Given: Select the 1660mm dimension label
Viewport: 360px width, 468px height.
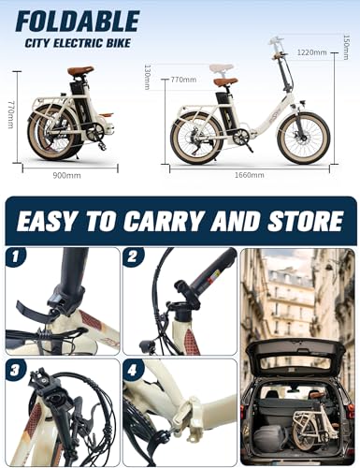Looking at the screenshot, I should tap(247, 176).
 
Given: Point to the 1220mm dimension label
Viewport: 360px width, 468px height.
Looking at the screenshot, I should tap(312, 53).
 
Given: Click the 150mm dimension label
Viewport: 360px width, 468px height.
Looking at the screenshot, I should tap(345, 43).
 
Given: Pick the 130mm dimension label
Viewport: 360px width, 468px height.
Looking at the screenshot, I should tap(148, 76).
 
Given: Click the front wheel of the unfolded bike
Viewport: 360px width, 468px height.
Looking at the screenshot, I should tap(304, 137).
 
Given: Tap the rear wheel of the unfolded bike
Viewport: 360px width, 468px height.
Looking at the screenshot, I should tap(196, 138).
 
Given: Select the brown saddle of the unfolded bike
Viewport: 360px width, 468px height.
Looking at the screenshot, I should tap(224, 81).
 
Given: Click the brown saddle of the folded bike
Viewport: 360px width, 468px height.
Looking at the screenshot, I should tap(80, 71).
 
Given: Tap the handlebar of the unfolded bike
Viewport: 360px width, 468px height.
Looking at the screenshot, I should tap(277, 44).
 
